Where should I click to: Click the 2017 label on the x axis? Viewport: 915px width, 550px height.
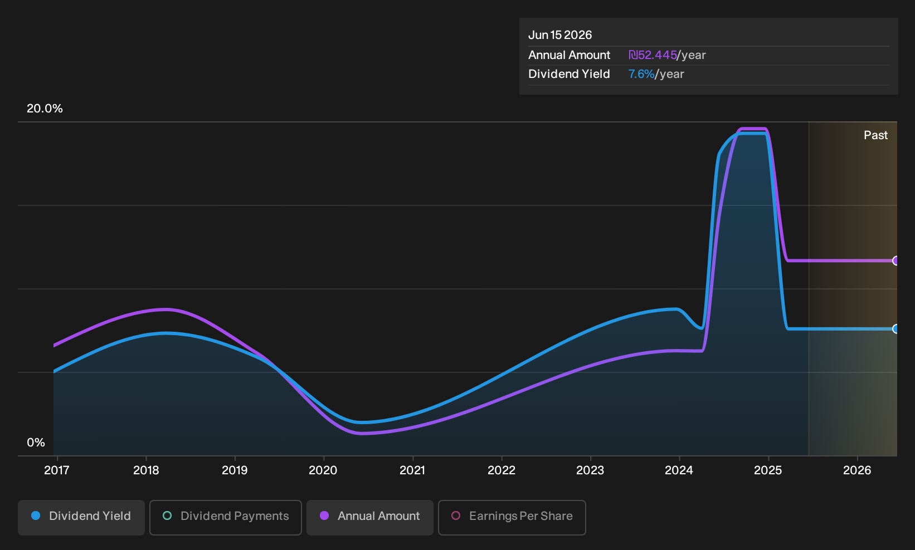57,470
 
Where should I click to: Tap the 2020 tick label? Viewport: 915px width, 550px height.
323,470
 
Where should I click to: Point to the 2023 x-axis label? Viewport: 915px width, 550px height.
590,470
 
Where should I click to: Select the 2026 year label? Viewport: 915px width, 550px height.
857,470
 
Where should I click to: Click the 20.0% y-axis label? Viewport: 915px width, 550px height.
45,109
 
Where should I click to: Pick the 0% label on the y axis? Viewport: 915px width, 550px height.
36,443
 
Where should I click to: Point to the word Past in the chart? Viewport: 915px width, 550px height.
875,135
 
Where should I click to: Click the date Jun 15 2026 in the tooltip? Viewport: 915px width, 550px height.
560,35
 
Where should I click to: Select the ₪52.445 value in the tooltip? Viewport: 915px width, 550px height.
653,55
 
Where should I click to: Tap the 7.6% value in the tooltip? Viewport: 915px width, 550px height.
641,74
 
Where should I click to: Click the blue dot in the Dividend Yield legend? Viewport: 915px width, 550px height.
36,515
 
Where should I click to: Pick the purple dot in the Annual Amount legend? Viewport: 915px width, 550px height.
324,515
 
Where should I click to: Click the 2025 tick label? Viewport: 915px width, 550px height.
768,470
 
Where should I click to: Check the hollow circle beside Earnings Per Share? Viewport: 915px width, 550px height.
456,515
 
